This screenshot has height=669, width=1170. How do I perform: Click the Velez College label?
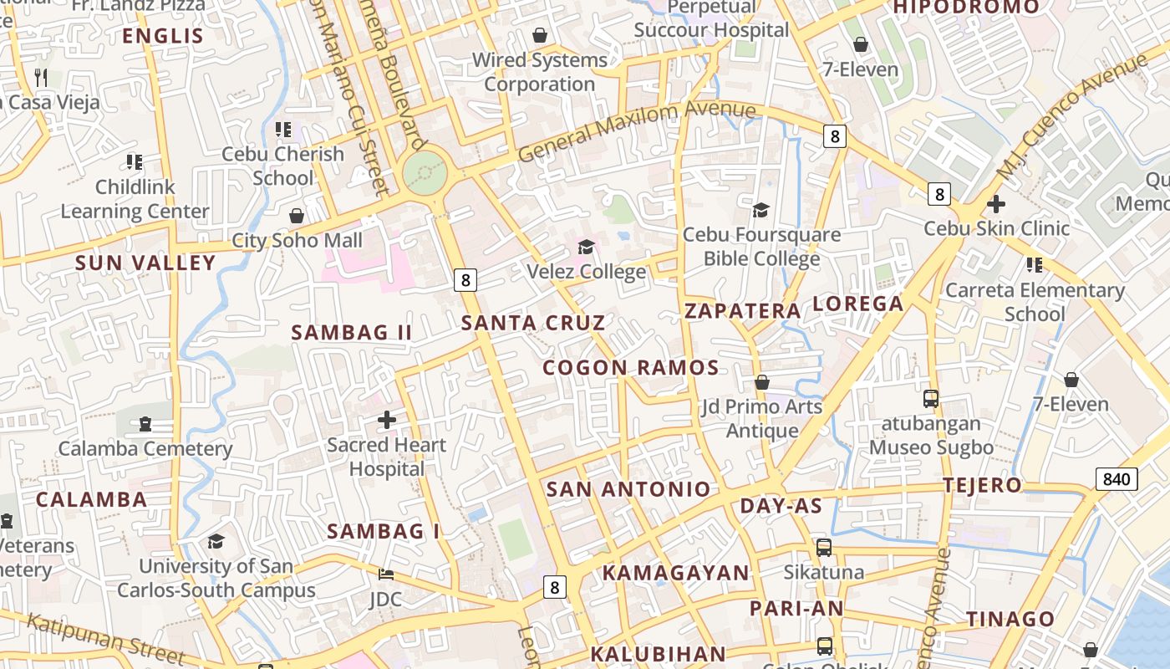[x=586, y=272]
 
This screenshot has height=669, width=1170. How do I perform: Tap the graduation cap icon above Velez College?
[x=586, y=247]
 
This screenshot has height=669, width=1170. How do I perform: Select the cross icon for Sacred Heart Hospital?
[x=387, y=419]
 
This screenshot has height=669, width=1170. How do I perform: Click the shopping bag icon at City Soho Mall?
[x=297, y=216]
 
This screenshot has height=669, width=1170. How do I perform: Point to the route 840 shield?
[x=1116, y=479]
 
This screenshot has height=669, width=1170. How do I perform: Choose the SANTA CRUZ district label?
[x=533, y=322]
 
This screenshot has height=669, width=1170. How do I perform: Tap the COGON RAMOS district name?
[x=631, y=367]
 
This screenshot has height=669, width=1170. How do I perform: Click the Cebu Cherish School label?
[x=282, y=166]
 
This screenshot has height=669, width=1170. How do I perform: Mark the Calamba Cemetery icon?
[x=145, y=424]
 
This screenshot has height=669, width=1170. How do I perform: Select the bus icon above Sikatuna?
[x=824, y=548]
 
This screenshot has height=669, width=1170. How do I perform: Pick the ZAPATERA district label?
[x=742, y=310]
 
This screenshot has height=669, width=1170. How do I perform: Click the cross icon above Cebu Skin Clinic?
[x=995, y=203]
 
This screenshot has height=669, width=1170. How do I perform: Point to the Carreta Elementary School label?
[x=1035, y=302]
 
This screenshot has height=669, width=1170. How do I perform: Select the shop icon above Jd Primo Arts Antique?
[x=761, y=382]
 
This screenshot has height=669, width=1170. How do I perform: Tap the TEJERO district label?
[x=982, y=485]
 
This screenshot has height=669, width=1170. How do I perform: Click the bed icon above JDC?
[x=385, y=574]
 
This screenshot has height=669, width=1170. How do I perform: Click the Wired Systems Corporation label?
[x=540, y=72]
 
